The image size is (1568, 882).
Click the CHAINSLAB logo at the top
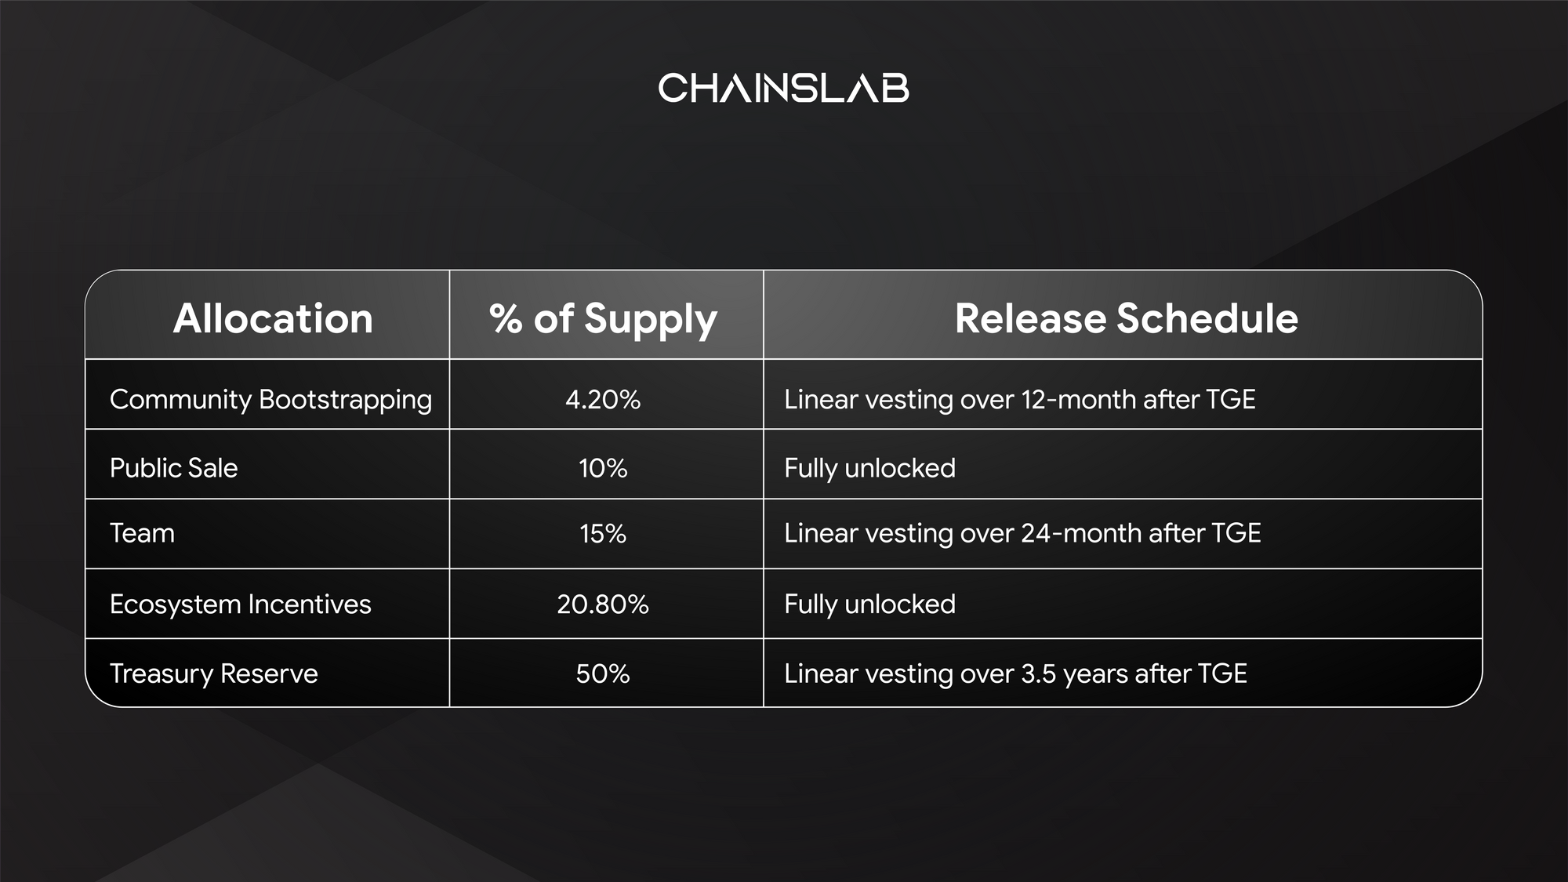783,88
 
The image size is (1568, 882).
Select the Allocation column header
273,318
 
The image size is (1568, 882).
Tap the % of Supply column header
603,320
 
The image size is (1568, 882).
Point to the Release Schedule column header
1126,318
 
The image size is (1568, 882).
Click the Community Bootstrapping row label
270,400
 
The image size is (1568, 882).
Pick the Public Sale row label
173,468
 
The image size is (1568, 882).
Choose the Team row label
142,533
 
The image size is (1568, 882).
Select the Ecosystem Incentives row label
240,604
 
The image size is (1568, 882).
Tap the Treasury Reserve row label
213,673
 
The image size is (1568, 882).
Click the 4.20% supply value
603,400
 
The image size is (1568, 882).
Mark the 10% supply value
603,469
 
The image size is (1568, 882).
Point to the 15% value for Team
603,534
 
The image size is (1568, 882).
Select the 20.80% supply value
603,604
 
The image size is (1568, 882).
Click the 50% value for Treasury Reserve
603,674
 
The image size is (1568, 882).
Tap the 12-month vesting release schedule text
1019,400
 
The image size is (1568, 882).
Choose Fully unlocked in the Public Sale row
869,469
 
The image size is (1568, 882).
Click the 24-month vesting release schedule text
1022,533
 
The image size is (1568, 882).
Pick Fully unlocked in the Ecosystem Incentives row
869,604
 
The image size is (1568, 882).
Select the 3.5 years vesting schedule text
1015,674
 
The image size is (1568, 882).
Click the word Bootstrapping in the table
345,400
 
